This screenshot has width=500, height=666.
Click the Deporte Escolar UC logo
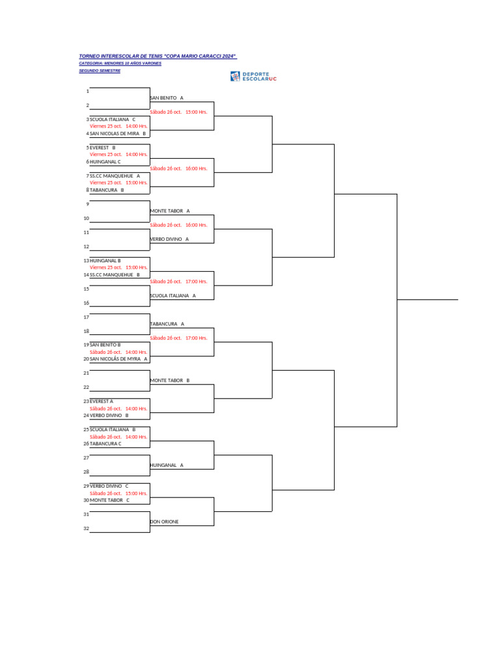pos(253,77)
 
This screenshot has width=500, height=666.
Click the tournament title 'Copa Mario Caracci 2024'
pos(158,57)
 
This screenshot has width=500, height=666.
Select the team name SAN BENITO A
pos(167,98)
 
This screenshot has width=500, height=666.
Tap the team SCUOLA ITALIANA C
pos(113,120)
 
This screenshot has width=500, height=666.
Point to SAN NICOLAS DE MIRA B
pos(118,133)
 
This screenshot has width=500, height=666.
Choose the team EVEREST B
pos(102,148)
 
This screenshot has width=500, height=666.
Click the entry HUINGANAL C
pos(105,162)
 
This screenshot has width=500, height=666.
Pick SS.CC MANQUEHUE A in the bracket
pos(115,176)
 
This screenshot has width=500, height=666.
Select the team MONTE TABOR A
pos(170,211)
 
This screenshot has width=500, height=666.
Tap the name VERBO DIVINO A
pos(169,239)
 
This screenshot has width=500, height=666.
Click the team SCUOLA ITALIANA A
pos(173,295)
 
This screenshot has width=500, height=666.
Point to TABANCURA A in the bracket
pos(167,323)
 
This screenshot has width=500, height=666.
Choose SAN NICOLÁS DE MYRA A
pos(118,358)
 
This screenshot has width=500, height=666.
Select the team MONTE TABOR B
pos(170,380)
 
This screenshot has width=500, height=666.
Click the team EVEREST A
pos(102,401)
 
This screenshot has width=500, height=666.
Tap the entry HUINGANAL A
pos(167,465)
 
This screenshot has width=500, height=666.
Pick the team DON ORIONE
pos(165,522)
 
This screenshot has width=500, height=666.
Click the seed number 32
pos(86,528)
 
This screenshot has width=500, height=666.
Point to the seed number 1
pos(87,91)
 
